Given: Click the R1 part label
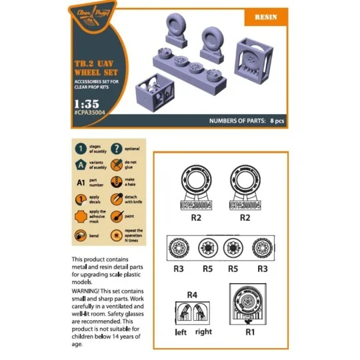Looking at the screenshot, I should tap(251, 330).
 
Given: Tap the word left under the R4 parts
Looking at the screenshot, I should tap(181, 331).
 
